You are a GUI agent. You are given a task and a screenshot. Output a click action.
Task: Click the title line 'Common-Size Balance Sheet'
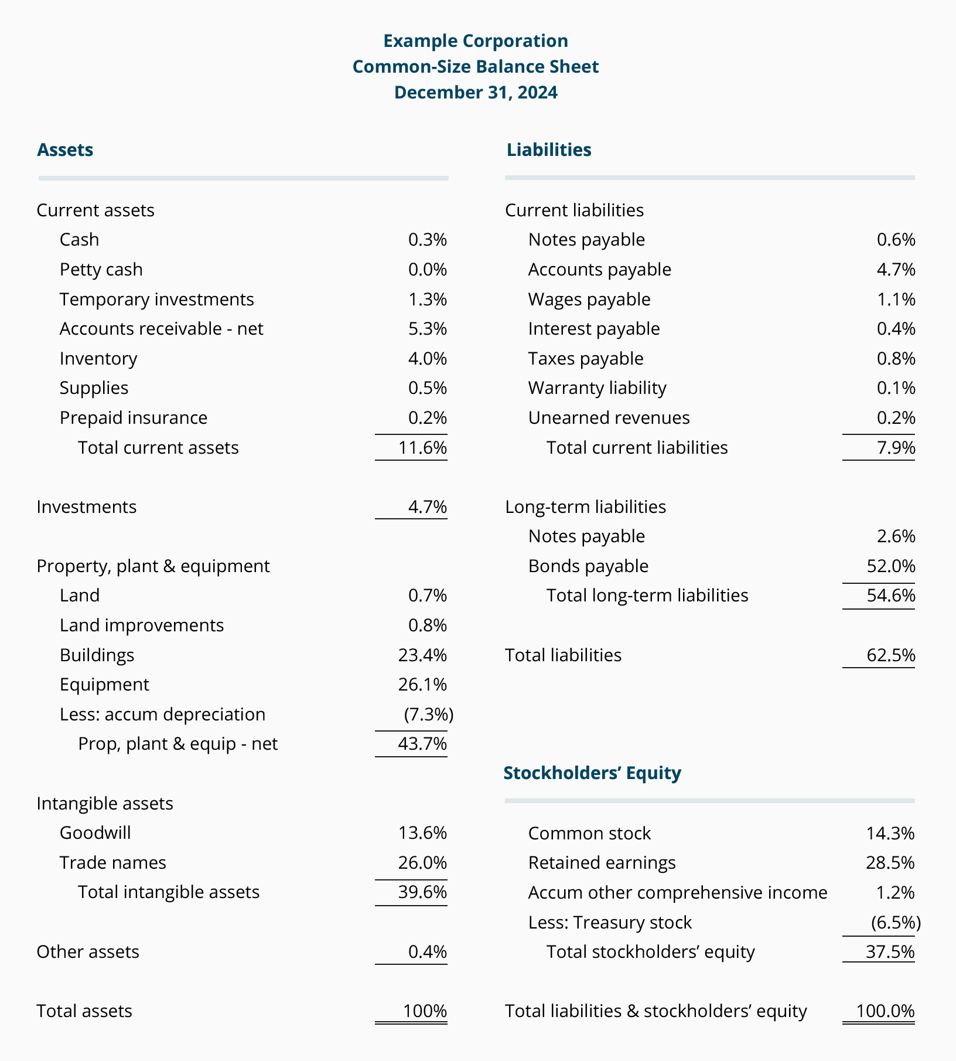(x=476, y=67)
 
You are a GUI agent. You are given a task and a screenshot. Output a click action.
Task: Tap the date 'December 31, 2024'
(x=476, y=93)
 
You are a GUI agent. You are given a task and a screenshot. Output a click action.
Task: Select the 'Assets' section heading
(x=65, y=150)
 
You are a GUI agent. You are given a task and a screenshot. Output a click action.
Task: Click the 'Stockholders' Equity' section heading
(x=592, y=773)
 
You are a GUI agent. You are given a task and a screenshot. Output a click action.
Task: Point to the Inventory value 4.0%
(x=428, y=358)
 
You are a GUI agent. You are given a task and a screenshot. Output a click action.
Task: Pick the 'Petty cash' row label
(x=101, y=270)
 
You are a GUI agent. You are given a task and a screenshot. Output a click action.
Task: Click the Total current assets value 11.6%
(x=423, y=448)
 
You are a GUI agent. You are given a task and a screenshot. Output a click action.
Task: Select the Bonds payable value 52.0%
(x=890, y=566)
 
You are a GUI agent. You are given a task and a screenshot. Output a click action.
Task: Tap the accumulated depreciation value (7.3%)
(x=429, y=715)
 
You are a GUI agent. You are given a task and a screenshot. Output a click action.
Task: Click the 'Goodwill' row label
(x=95, y=833)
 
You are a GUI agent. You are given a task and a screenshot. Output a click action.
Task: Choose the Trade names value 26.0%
(x=423, y=863)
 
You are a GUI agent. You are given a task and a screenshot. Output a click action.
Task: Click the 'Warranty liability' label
(x=597, y=388)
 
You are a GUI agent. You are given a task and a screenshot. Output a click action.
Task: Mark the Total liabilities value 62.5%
(x=891, y=655)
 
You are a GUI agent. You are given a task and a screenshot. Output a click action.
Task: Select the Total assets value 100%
(x=425, y=1011)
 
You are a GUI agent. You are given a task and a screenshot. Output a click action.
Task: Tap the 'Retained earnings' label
(x=602, y=863)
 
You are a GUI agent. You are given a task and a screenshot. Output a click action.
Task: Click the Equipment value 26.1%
(x=423, y=685)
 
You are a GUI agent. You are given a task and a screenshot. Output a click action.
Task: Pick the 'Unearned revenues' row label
(x=609, y=418)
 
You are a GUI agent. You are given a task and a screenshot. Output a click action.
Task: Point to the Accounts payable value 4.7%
(x=896, y=270)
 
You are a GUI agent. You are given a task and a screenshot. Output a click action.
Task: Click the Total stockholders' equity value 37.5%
(x=890, y=952)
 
